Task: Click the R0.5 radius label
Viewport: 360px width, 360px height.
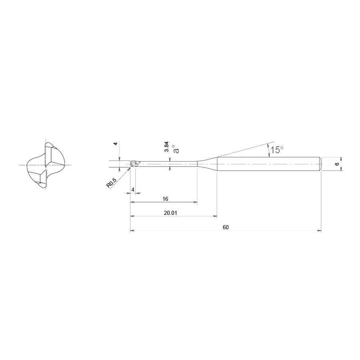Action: click(112, 182)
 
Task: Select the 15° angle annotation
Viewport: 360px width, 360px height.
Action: click(277, 150)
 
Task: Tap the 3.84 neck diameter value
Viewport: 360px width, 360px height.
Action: click(166, 147)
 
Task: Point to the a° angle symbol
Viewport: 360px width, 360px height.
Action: click(176, 149)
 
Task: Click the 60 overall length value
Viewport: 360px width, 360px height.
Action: click(226, 227)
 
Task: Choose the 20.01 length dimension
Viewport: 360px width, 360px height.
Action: click(170, 213)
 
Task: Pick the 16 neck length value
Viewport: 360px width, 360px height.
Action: click(165, 199)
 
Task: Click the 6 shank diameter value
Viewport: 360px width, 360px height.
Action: click(337, 164)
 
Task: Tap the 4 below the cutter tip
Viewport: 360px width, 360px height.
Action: click(133, 190)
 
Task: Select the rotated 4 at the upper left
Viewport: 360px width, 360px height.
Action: click(116, 144)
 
